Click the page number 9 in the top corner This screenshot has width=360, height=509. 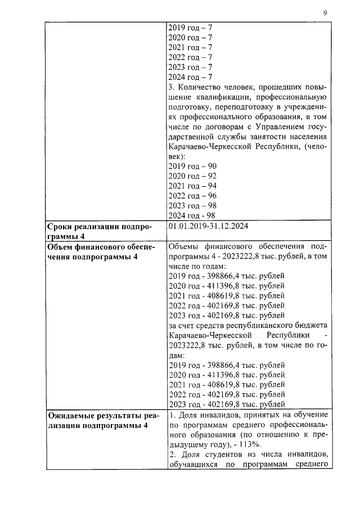tap(325, 13)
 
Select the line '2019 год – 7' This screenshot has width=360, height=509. tap(190, 27)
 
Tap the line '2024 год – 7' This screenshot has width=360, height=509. tap(190, 76)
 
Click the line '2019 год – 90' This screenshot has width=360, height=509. tap(192, 166)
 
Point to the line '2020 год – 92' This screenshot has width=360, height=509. tap(192, 176)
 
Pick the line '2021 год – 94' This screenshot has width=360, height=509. tap(192, 186)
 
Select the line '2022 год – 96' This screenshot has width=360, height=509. tap(192, 196)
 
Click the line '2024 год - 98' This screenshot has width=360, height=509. tap(192, 216)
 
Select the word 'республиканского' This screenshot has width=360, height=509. tap(254, 326)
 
